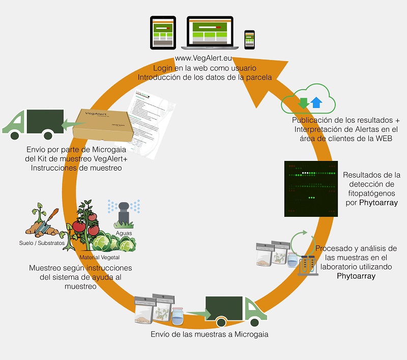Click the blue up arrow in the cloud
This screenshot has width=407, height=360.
click(x=316, y=102)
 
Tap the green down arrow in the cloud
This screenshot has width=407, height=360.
click(x=304, y=102)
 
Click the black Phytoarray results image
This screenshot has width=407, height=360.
click(x=310, y=188)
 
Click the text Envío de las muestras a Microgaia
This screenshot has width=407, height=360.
click(x=210, y=335)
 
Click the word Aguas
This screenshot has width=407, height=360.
click(x=124, y=233)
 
